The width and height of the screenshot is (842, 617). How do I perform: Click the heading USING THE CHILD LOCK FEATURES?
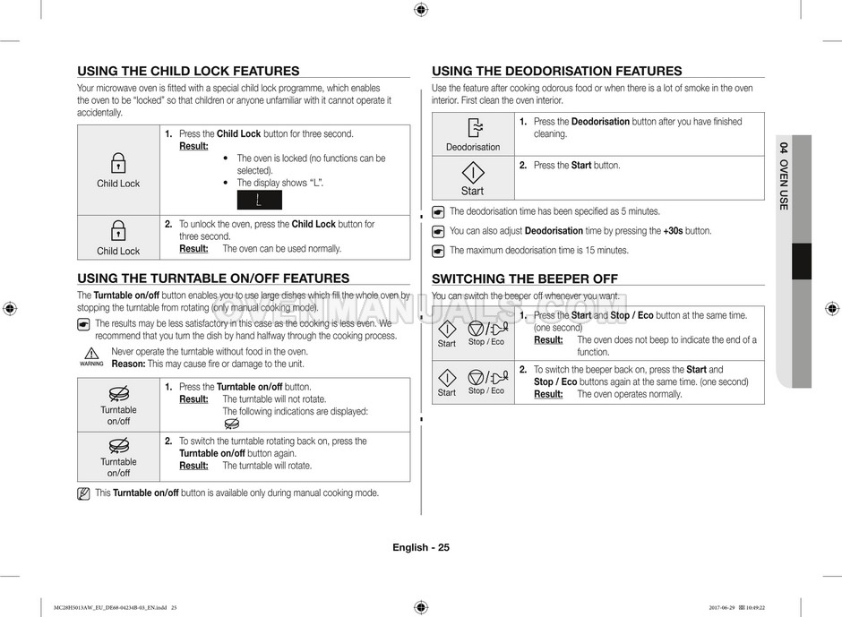click(x=188, y=72)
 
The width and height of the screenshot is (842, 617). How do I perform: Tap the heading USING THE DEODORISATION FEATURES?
click(x=556, y=72)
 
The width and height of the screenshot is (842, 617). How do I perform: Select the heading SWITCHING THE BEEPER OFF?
click(x=525, y=279)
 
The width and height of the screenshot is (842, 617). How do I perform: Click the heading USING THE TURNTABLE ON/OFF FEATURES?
click(x=213, y=279)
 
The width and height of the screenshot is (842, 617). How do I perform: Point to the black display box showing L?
click(x=259, y=200)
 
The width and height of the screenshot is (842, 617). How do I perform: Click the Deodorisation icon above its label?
click(x=474, y=128)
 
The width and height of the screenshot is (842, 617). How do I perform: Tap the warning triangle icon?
click(x=90, y=354)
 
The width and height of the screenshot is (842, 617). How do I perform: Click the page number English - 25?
click(x=420, y=548)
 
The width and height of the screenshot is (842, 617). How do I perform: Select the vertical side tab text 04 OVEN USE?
click(x=784, y=176)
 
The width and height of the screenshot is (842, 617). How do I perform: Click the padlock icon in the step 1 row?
click(x=118, y=164)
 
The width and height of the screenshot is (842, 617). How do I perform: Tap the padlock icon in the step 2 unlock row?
click(x=118, y=231)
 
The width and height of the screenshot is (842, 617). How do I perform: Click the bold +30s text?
click(x=673, y=231)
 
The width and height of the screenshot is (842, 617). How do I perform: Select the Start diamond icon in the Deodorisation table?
click(x=472, y=172)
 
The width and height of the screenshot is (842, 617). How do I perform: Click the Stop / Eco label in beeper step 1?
click(x=486, y=342)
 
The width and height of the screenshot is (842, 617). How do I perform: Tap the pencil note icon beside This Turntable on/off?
click(x=83, y=493)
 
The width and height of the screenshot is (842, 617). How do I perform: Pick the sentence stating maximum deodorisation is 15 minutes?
click(x=538, y=251)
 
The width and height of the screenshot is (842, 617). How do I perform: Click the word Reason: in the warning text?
click(x=128, y=364)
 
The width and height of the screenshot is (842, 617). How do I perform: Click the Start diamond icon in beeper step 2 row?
click(x=447, y=376)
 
